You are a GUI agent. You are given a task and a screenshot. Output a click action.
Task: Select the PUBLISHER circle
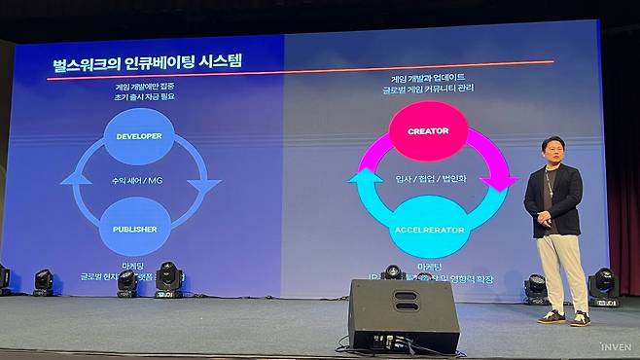(135, 229)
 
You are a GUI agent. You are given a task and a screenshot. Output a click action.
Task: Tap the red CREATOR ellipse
(427, 130)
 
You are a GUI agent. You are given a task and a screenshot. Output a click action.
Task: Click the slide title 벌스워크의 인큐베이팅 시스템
(147, 61)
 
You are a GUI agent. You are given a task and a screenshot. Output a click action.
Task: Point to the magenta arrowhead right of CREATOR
(501, 179)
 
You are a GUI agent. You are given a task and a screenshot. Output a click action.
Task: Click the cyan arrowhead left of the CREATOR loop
(364, 179)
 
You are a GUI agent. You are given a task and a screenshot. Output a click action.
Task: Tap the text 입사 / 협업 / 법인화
(429, 179)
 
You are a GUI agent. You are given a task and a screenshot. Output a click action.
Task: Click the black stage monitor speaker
(403, 315)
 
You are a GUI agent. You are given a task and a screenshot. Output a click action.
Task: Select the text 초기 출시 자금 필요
(138, 97)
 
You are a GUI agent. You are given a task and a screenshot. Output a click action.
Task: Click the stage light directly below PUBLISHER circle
(167, 278)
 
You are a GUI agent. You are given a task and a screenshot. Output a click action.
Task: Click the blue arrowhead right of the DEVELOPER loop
(203, 185)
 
